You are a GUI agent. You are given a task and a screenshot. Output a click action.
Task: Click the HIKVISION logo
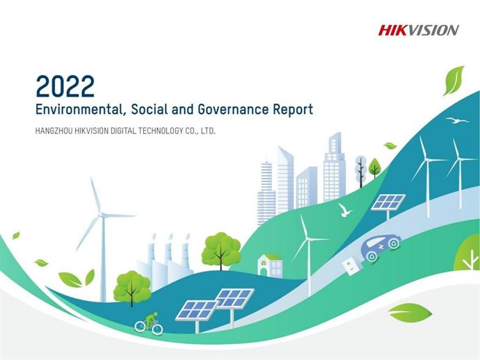418,30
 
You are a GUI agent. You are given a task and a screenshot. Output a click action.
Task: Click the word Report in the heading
294,109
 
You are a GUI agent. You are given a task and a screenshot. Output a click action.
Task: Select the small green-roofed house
269,264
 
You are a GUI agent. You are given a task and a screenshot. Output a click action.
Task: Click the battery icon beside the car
351,264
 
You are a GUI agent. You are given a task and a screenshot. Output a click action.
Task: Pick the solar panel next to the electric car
387,202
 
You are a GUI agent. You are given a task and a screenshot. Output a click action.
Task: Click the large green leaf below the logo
453,80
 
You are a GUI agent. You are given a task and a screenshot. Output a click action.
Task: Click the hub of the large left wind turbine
102,215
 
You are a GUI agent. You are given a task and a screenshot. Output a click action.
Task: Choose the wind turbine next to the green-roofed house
305,240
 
